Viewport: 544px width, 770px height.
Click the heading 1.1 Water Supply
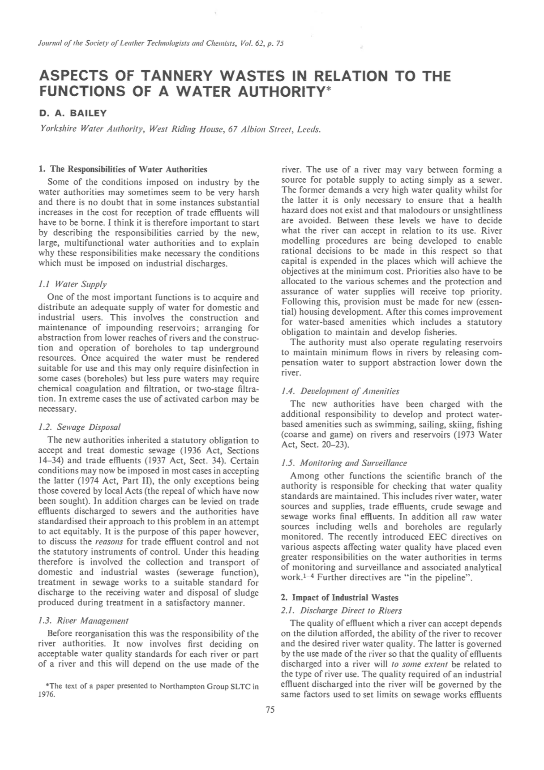pyautogui.click(x=73, y=284)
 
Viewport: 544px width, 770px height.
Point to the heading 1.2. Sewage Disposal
pyautogui.click(x=79, y=427)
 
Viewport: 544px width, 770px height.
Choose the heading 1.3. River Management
pyautogui.click(x=83, y=620)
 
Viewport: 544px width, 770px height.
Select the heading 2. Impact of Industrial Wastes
pyautogui.click(x=339, y=598)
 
